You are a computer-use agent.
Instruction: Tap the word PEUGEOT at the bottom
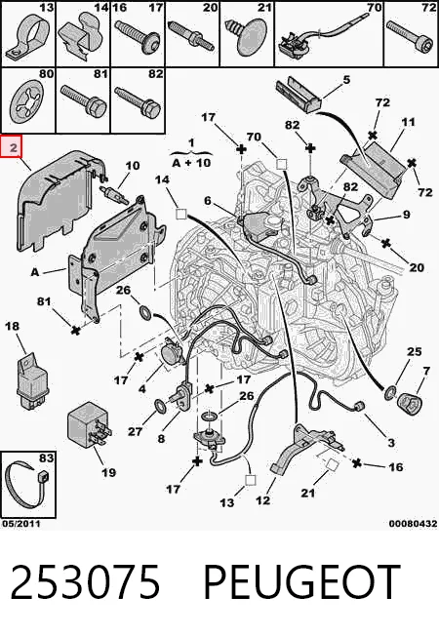(301, 582)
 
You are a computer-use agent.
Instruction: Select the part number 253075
(85, 582)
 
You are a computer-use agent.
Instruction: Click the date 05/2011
(21, 524)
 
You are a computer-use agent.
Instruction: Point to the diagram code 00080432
(413, 524)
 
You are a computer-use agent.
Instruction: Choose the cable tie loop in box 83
(25, 487)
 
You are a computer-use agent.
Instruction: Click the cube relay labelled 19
(89, 423)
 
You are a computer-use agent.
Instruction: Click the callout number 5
(346, 80)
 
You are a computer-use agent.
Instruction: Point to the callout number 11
(408, 121)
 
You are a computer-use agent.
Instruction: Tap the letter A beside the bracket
(35, 272)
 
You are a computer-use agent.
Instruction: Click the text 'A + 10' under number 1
(191, 163)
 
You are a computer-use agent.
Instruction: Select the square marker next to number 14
(180, 214)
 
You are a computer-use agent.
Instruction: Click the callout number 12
(263, 500)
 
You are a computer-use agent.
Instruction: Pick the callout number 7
(426, 371)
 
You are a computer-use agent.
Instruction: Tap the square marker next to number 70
(281, 164)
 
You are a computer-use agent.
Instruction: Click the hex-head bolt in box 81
(83, 99)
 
